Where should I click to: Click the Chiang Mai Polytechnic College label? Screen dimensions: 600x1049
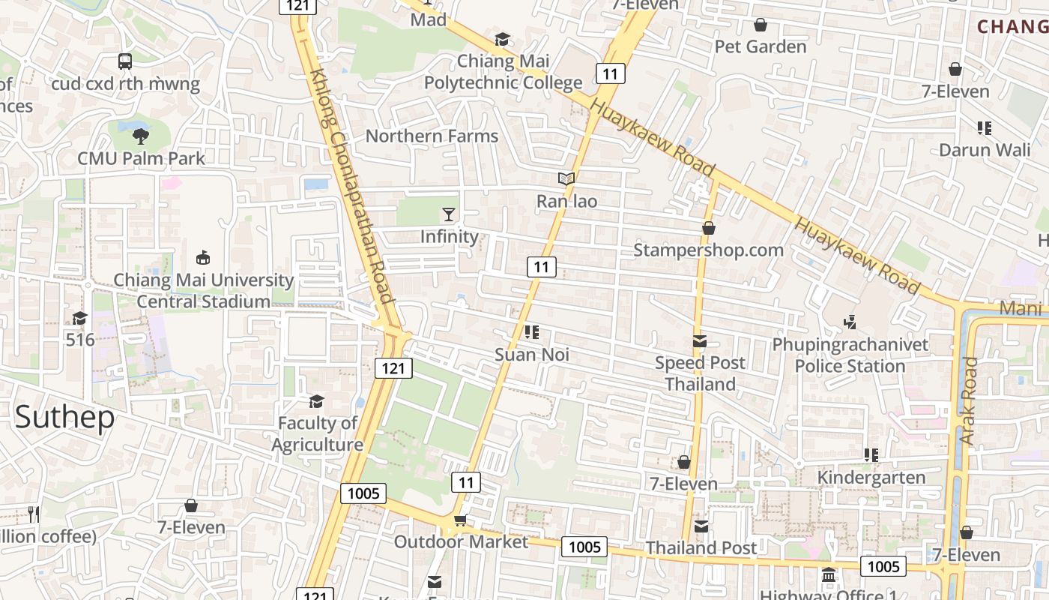504,72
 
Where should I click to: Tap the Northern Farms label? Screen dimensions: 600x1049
432,136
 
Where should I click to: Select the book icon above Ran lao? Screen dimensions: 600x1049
566,179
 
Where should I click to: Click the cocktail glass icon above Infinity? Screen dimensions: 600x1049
449,214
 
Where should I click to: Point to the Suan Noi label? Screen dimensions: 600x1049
532,355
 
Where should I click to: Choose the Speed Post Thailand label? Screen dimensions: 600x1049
701,373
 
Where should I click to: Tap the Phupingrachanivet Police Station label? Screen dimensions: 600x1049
850,355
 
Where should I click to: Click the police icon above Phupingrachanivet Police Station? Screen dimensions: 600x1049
850,322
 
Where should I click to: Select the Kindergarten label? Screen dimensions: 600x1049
871,478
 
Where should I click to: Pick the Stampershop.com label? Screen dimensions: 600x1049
708,250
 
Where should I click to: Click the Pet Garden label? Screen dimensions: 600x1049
761,46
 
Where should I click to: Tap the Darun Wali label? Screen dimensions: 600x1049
985,149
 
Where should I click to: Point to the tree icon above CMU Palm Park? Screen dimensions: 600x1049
140,136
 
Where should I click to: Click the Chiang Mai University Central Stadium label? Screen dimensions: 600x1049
203,291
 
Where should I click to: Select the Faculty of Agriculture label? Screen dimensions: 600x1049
317,433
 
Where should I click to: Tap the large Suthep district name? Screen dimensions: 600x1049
64,417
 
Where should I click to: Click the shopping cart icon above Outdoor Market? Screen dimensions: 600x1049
460,520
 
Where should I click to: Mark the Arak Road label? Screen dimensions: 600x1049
970,400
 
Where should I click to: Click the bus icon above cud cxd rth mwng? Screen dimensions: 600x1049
125,61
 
